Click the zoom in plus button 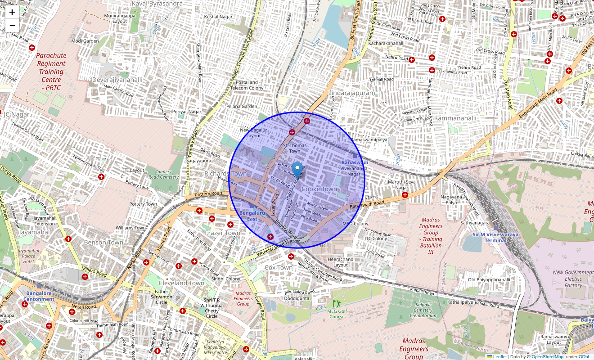12,12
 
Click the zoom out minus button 12,26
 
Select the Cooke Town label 319,189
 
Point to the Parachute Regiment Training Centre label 51,72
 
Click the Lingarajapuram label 351,93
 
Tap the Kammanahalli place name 455,118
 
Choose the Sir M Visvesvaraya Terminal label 495,237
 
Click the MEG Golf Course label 337,314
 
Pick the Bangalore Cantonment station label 39,296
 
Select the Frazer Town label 222,233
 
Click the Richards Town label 225,174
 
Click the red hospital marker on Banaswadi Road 405,195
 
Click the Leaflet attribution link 499,357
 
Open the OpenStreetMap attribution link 547,357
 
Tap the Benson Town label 103,242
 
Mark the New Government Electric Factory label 573,279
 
